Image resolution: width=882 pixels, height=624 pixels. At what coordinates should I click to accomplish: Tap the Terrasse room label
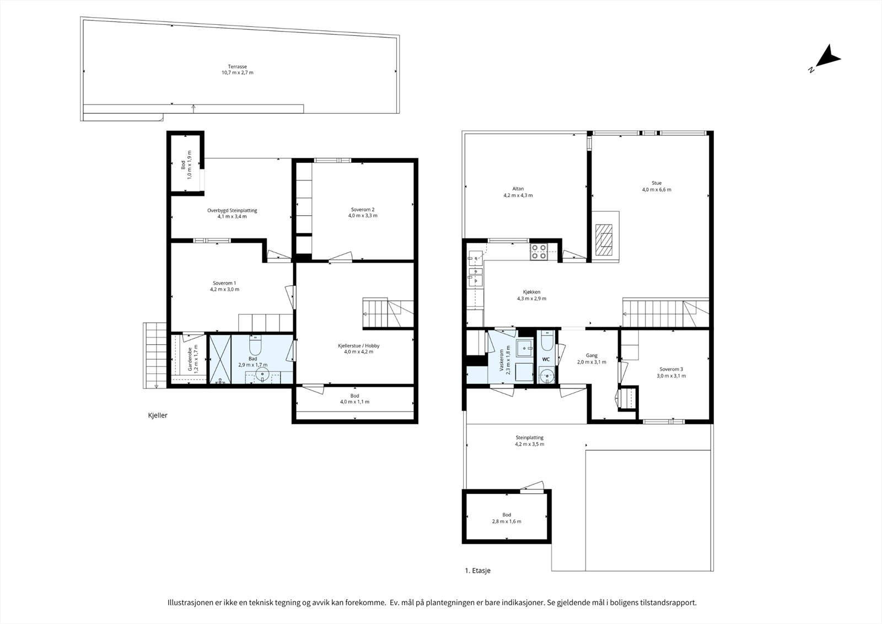[x=238, y=67]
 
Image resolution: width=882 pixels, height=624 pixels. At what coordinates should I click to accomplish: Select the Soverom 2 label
[x=363, y=210]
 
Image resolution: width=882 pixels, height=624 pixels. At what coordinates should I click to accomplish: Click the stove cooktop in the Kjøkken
[x=538, y=252]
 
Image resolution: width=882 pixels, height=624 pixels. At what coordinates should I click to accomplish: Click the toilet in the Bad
[x=255, y=345]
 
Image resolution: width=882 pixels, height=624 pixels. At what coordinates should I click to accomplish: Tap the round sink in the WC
[x=546, y=375]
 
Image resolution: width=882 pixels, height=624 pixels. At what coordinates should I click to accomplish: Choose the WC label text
[x=546, y=360]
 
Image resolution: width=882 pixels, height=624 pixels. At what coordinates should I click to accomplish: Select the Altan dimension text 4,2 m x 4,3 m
[x=518, y=195]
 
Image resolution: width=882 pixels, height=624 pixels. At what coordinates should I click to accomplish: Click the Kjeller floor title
[x=158, y=415]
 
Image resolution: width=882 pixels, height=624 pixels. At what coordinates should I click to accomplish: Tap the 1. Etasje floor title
[x=477, y=571]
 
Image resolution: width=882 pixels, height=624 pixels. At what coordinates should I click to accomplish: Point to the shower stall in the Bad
[x=220, y=359]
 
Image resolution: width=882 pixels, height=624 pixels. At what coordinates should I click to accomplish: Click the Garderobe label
[x=190, y=359]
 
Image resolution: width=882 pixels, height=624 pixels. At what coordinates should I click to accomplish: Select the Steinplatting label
[x=530, y=438]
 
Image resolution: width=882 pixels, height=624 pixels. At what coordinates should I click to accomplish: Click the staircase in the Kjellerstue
[x=388, y=313]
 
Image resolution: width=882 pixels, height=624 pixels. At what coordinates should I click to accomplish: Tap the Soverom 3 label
[x=671, y=369]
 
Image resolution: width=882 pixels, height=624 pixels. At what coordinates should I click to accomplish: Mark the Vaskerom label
[x=502, y=360]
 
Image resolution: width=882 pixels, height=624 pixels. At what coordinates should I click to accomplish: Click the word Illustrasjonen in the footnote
[x=190, y=602]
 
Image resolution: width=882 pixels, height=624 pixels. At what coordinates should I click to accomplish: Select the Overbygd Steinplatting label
[x=232, y=211]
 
